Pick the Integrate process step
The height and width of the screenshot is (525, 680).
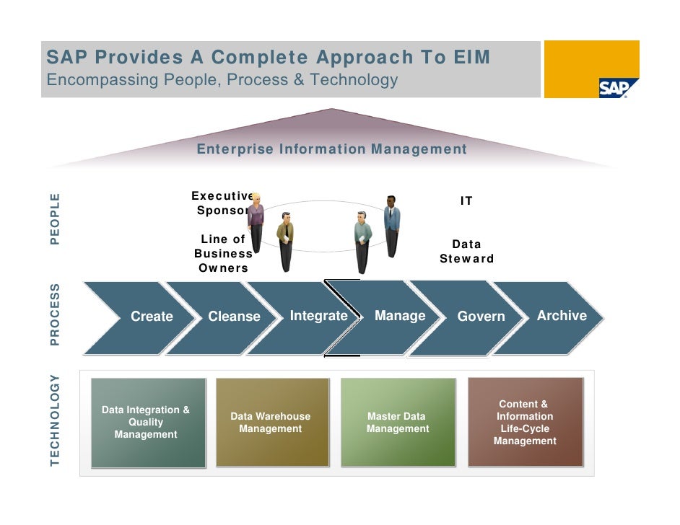318,316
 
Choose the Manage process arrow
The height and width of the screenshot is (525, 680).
400,316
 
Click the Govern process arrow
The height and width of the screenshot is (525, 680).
481,317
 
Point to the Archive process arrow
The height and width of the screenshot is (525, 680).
562,316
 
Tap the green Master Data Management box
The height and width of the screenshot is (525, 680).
398,423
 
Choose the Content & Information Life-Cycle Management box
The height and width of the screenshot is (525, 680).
525,423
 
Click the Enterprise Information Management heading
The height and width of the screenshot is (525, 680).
332,149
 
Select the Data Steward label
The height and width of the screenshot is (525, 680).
466,252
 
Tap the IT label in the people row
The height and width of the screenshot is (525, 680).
466,201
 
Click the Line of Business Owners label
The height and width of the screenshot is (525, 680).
223,254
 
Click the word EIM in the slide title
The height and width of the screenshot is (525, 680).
474,57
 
